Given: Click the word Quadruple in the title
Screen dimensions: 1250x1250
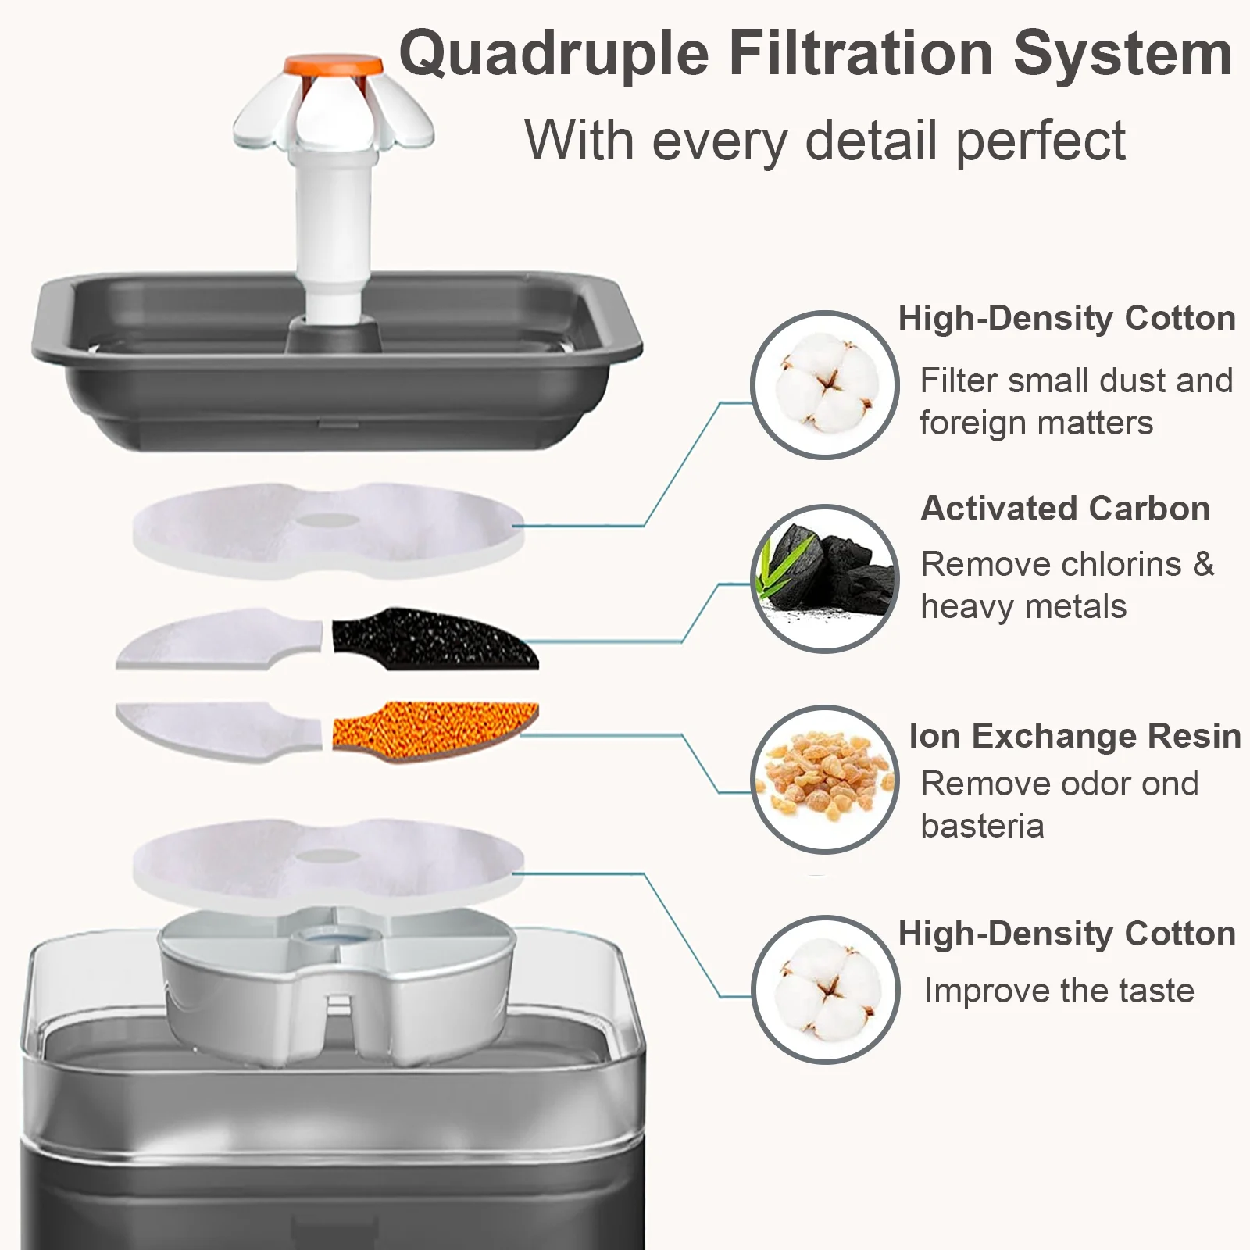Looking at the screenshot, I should [x=554, y=55].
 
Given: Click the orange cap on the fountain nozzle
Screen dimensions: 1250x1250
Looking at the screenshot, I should [x=334, y=67].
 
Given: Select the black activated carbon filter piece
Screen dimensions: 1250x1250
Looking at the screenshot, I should [x=434, y=637].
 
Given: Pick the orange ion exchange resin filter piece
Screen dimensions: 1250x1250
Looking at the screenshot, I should [x=435, y=731].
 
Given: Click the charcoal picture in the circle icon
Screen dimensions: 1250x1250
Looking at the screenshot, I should [x=825, y=578].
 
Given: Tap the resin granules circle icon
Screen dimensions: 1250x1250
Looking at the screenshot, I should [x=825, y=779].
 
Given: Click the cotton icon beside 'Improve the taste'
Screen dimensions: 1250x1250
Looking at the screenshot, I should [x=825, y=989].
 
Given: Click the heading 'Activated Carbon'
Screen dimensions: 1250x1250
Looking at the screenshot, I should [x=1065, y=509].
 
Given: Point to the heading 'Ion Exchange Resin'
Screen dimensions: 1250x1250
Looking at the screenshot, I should [x=1074, y=736].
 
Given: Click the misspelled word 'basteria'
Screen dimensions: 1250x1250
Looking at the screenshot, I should [x=982, y=826].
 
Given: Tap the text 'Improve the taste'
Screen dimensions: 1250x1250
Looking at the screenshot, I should [x=1059, y=991].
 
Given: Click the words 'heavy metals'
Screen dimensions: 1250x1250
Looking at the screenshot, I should [x=1023, y=606].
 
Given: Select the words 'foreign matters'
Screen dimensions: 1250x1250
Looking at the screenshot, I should [x=1036, y=423].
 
